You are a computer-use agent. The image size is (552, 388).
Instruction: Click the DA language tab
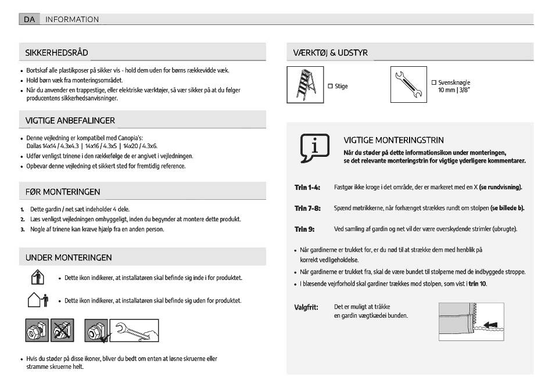28,19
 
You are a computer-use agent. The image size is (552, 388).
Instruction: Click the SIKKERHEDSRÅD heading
56,53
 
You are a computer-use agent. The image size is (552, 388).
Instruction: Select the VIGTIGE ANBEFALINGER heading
70,120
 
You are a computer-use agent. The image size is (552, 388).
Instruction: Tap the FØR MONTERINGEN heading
62,192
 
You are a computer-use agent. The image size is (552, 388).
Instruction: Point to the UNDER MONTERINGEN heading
69,257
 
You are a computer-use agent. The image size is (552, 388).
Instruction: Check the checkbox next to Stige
331,86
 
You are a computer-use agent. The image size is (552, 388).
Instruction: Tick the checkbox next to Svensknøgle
433,83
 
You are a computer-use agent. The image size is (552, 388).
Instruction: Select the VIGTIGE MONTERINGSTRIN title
393,140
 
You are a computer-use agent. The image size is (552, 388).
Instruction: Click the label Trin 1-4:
307,188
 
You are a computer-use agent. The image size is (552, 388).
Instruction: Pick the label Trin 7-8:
307,208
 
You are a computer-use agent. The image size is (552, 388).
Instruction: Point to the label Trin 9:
304,229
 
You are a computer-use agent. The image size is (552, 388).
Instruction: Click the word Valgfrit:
306,307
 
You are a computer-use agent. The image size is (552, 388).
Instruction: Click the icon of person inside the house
35,277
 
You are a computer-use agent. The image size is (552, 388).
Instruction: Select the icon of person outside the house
37,300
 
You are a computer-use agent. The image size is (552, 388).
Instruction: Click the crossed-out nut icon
62,330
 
